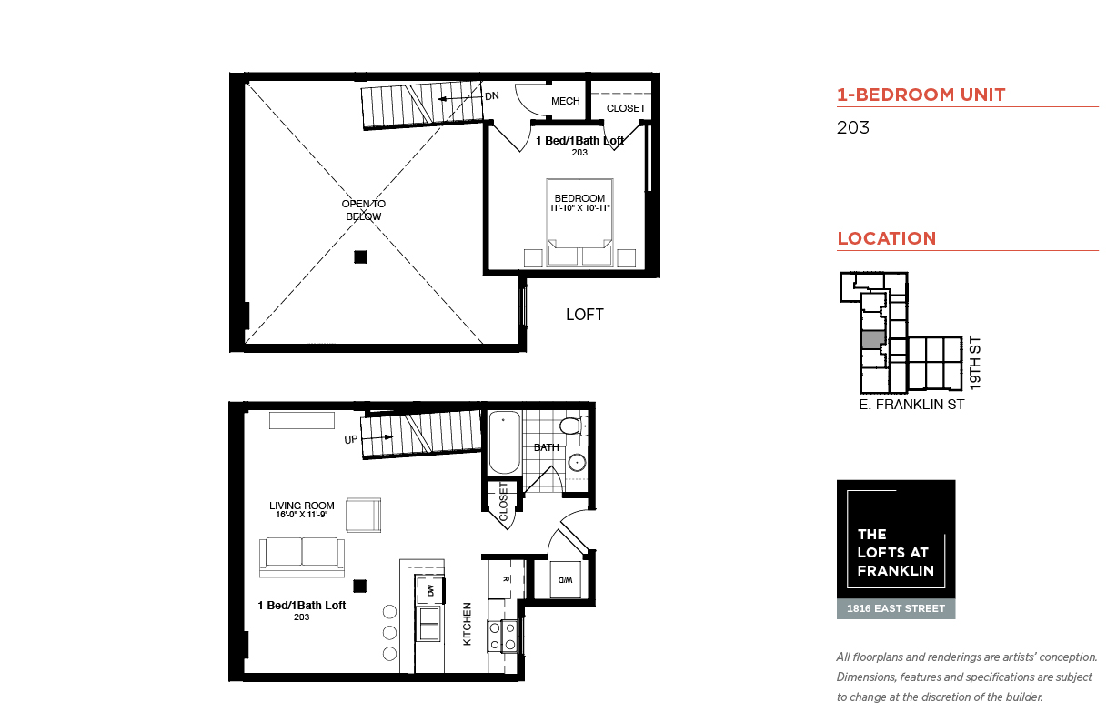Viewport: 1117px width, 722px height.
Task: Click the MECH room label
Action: point(566,101)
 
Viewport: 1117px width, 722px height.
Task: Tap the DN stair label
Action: point(492,95)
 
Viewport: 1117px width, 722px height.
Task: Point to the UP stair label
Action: point(350,439)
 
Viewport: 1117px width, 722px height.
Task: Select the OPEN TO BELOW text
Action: point(364,210)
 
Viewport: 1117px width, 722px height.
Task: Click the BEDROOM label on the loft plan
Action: point(579,198)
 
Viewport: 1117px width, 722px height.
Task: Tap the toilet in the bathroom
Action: point(574,426)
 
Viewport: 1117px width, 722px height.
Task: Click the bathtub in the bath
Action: point(505,442)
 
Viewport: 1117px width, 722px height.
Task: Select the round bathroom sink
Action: point(577,463)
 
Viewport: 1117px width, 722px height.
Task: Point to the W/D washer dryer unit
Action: point(565,580)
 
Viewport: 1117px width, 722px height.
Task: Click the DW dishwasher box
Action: point(430,590)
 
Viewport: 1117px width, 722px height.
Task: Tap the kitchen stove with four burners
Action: point(502,637)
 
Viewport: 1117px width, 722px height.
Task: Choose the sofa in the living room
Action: point(302,557)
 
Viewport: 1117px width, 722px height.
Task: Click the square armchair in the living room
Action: point(364,515)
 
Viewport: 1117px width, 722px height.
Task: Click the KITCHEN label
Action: point(468,624)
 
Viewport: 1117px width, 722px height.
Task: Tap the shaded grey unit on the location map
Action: point(873,340)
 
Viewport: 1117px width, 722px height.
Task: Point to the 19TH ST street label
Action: point(975,363)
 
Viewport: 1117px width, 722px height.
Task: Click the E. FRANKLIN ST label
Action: point(911,405)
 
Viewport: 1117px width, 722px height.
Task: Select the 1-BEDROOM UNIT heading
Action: point(921,95)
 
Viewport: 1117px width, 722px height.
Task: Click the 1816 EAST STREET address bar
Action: point(896,608)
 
